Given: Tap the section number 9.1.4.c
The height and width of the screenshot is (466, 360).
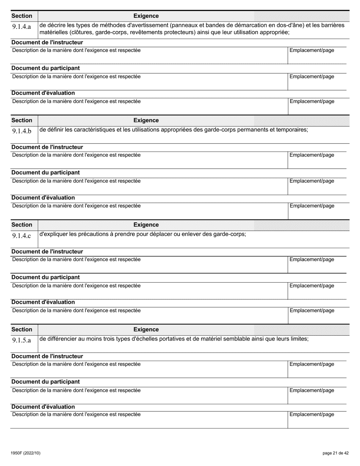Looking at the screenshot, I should (x=21, y=236).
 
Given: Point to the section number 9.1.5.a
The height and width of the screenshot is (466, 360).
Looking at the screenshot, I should (x=21, y=340).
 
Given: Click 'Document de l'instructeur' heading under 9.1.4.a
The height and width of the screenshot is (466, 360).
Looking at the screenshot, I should (x=47, y=42).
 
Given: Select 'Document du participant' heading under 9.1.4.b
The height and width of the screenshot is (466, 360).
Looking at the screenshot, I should (x=45, y=173).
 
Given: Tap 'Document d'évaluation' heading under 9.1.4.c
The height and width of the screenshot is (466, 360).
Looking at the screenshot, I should (x=43, y=302).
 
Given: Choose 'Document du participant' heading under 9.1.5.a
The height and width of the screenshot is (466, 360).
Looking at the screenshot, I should (x=45, y=382).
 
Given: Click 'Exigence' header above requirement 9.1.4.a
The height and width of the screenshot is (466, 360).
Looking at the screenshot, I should (x=146, y=16).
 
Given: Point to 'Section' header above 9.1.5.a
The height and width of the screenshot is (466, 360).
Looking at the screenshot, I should (x=22, y=330).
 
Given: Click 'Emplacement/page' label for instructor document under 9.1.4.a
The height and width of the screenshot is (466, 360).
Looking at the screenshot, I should (x=312, y=50).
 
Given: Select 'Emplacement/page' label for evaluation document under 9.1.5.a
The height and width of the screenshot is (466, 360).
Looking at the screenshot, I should (x=312, y=414).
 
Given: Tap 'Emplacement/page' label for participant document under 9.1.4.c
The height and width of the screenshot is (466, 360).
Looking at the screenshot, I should (x=312, y=286).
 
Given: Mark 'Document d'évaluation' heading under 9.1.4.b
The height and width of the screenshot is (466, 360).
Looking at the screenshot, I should (x=43, y=198).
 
